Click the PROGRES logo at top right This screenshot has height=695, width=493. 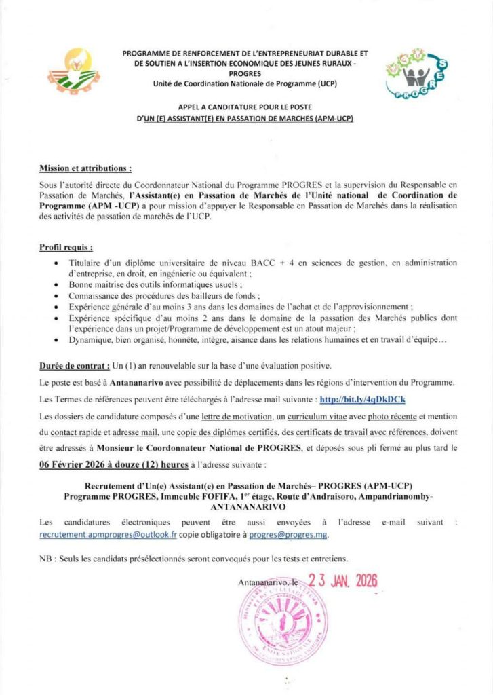click(414, 74)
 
